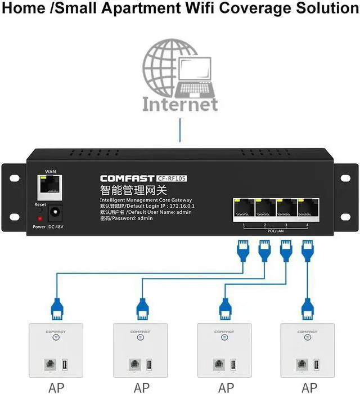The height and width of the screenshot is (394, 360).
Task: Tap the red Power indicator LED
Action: pyautogui.click(x=39, y=218)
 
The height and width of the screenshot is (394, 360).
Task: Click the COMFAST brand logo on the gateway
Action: pyautogui.click(x=127, y=178)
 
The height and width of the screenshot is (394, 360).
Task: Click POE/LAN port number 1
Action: pyautogui.click(x=244, y=209)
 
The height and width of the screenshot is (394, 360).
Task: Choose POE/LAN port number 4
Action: pyautogui.click(x=308, y=209)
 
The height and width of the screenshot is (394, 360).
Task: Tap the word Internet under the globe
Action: pyautogui.click(x=180, y=104)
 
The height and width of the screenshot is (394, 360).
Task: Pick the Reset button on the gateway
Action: pyautogui.click(x=40, y=209)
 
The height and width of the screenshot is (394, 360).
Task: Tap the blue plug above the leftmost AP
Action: pyautogui.click(x=56, y=308)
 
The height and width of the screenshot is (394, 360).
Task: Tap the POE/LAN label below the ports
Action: pyautogui.click(x=276, y=230)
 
